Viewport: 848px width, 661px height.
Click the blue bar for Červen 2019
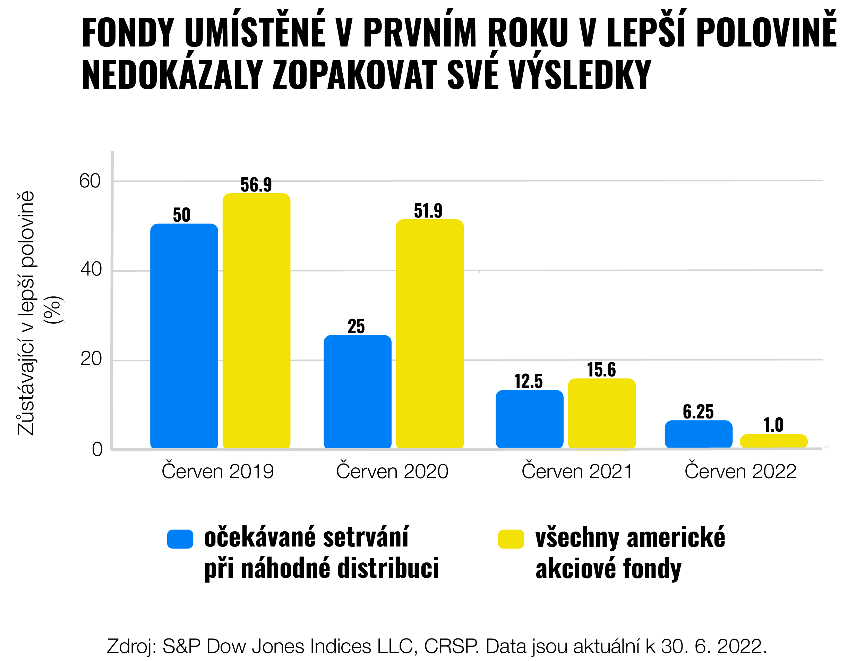[184, 336]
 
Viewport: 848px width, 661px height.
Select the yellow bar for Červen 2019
[256, 321]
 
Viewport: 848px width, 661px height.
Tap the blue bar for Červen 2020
[357, 392]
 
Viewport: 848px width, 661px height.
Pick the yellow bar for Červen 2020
[429, 334]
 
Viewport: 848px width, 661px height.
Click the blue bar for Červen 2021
[529, 420]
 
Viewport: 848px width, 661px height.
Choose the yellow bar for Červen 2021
[601, 414]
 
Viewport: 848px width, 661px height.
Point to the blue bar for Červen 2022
[699, 434]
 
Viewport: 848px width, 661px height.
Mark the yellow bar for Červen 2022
[773, 441]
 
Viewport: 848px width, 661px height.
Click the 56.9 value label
[256, 185]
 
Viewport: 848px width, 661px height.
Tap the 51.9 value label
[428, 211]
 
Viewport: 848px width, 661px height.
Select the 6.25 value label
[698, 412]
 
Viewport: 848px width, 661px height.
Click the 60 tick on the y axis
[90, 181]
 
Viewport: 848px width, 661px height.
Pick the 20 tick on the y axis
[91, 359]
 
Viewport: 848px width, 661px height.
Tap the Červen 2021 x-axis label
[577, 472]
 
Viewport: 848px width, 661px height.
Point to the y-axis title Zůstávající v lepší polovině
[26, 313]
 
